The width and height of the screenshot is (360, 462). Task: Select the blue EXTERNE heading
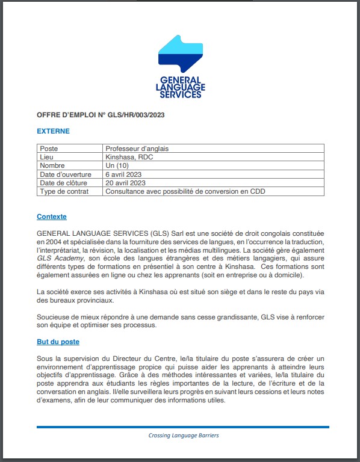(53, 131)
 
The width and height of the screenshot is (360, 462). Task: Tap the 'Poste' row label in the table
(49, 149)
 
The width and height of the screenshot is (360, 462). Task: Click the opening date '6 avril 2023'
(125, 174)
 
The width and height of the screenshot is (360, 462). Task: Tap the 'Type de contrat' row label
(64, 191)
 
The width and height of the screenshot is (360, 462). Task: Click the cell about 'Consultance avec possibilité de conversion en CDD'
(185, 191)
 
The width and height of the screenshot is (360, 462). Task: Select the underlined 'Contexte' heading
(52, 217)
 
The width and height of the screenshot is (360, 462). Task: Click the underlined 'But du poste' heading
(58, 342)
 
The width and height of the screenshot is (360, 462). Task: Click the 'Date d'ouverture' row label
(65, 174)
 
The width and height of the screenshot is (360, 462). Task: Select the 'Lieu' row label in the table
(46, 157)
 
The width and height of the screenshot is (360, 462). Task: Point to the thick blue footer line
(183, 427)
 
